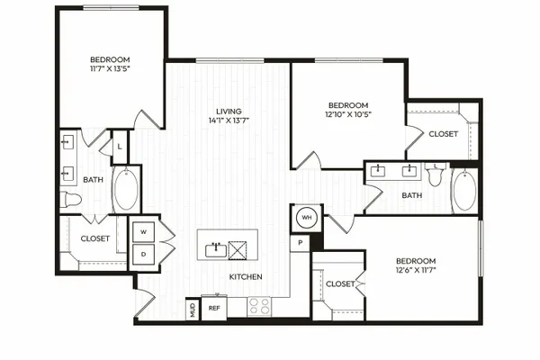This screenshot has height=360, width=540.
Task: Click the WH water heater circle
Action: pos(307,218)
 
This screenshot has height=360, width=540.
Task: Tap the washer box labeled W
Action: pos(144,232)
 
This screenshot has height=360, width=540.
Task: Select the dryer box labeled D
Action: pos(144,255)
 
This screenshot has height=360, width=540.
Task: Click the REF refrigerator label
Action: pos(214,309)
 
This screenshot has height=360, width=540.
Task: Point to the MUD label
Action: pos(193,310)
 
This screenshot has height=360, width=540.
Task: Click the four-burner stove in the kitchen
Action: pos(260,306)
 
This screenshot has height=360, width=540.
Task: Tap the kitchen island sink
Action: pos(216,250)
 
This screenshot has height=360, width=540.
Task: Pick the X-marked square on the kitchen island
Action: pos(238,250)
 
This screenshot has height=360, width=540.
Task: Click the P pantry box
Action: pos(301,243)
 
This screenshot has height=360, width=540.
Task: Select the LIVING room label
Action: pos(229,112)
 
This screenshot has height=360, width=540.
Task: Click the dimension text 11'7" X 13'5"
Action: pos(110,68)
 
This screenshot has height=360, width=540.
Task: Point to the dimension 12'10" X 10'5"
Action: pos(348,114)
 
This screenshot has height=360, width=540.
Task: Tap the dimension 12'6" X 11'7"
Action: pos(416,270)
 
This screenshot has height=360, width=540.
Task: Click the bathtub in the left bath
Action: pos(126,190)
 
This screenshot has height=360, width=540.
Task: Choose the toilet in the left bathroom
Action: pos(71,200)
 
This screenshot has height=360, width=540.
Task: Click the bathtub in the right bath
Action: pos(465,190)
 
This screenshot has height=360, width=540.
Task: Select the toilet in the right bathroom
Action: pos(436,175)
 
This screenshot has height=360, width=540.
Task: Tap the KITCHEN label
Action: pos(246,276)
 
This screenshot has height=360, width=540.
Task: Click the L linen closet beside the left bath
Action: pos(120,147)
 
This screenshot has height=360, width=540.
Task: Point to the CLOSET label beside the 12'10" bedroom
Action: pos(444,134)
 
